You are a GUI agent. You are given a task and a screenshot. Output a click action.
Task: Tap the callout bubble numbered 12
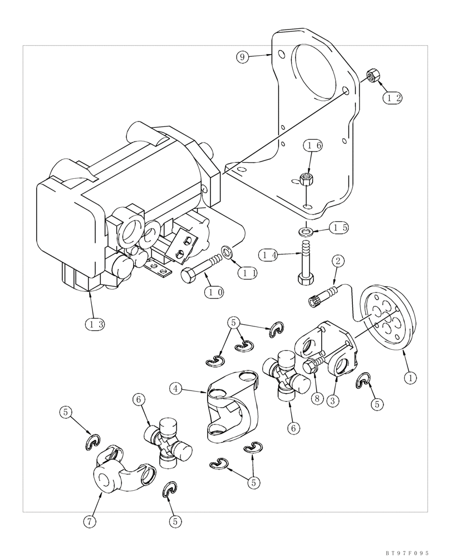click(392, 97)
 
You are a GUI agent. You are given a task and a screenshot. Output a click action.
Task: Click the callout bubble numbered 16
click(313, 146)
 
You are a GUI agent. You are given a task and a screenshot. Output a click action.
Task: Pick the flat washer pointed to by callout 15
click(306, 230)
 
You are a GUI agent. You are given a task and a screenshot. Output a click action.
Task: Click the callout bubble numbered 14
click(269, 254)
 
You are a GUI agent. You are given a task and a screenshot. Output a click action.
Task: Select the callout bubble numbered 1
click(410, 378)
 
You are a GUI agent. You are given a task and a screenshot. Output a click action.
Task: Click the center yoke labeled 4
click(231, 411)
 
